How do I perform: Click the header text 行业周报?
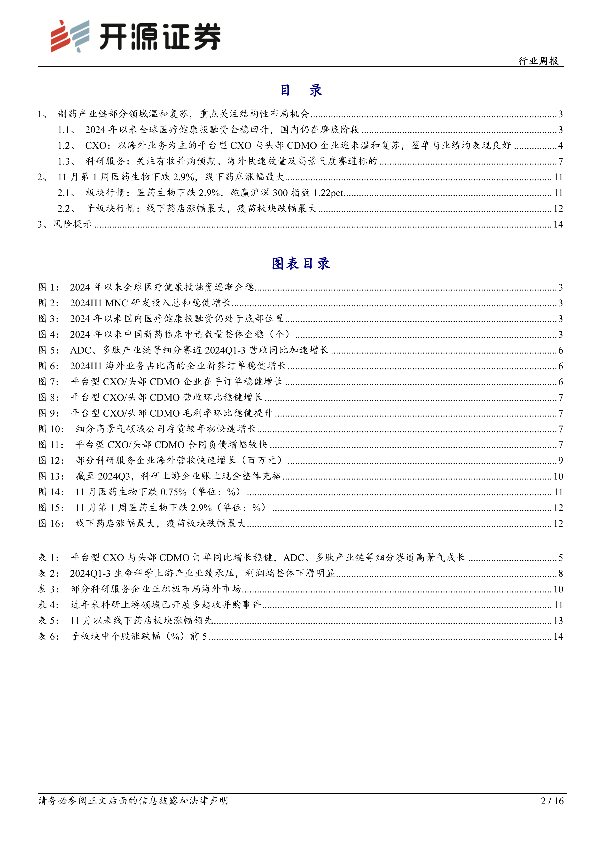tap(539, 61)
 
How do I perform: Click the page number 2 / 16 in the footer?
tap(552, 801)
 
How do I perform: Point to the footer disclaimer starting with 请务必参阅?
tap(133, 801)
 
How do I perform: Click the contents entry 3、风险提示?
tap(65, 224)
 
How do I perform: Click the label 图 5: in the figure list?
tap(48, 350)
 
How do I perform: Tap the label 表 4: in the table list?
tap(48, 605)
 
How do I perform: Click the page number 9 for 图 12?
tap(560, 461)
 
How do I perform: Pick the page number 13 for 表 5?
tap(558, 621)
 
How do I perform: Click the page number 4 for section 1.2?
tap(560, 145)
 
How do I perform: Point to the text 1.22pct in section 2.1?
tap(328, 193)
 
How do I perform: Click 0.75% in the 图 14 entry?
tap(173, 492)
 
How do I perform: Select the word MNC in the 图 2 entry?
tap(117, 303)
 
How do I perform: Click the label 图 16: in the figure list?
tap(51, 523)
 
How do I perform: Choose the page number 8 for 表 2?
tap(560, 574)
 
